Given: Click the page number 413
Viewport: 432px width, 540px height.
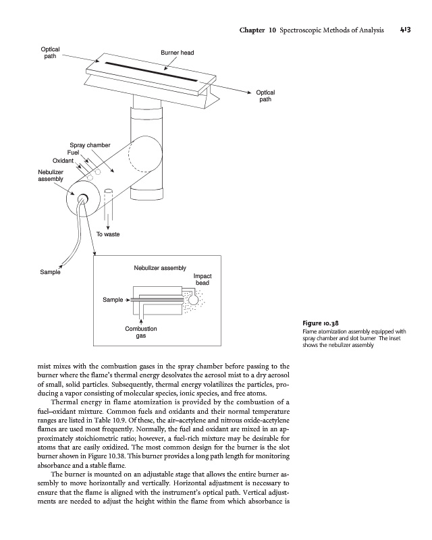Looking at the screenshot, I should tap(405, 30).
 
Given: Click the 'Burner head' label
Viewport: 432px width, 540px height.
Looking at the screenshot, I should tap(177, 53).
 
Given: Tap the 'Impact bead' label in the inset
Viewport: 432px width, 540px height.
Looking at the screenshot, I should tap(202, 279).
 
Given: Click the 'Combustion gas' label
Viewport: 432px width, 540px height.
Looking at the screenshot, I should tap(141, 332).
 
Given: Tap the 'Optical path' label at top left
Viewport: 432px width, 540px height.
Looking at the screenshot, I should tap(51, 53).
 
